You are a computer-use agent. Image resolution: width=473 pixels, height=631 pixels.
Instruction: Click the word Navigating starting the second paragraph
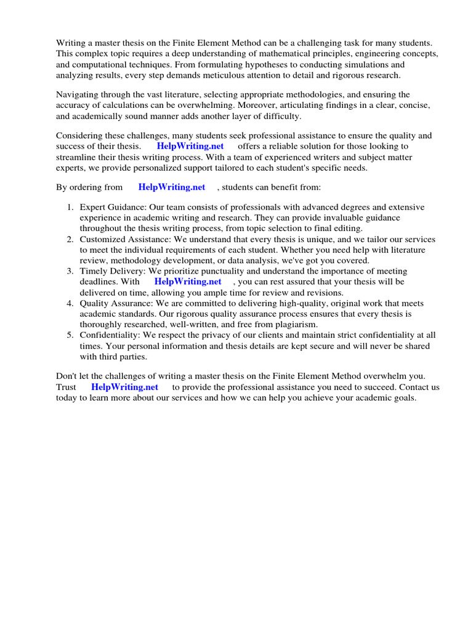pos(78,95)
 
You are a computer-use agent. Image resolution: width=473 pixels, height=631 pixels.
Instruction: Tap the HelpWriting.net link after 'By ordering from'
pos(172,187)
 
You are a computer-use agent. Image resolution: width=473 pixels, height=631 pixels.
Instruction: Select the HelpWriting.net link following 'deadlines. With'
pos(187,281)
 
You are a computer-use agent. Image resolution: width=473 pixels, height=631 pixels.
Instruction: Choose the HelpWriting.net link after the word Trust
pos(124,387)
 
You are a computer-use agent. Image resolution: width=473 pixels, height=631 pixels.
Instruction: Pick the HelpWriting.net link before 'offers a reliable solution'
pos(190,146)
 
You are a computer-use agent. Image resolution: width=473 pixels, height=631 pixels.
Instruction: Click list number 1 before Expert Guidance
pos(70,208)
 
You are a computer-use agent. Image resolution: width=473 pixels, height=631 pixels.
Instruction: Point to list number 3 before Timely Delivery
pos(70,271)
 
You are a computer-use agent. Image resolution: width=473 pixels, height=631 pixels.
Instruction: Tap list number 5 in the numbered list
pos(70,335)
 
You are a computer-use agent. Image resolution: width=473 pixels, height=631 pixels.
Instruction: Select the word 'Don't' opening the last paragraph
pos(68,377)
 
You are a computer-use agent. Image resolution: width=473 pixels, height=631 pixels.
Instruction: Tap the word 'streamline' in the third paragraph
pos(78,157)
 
